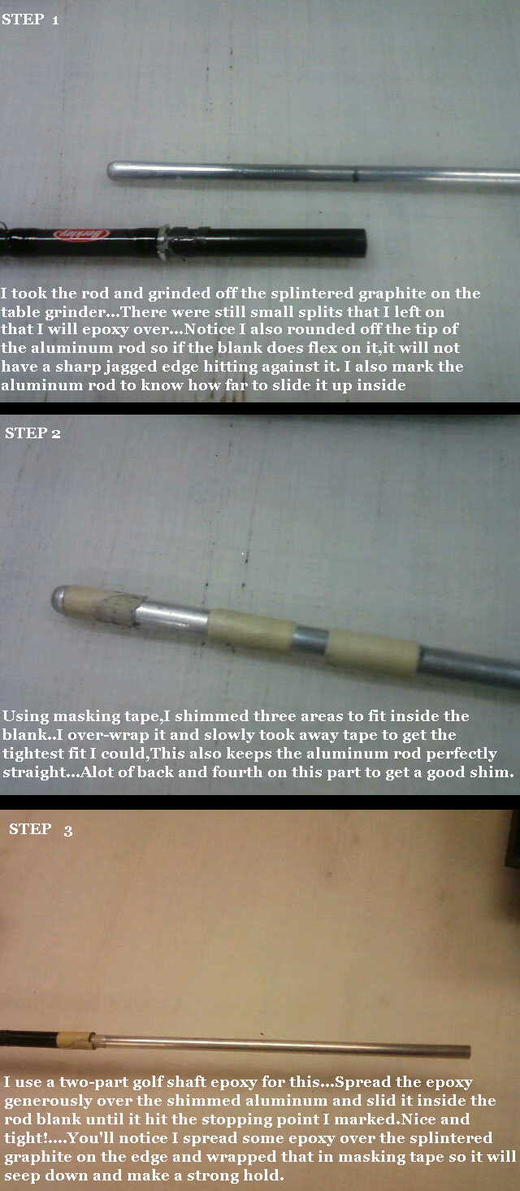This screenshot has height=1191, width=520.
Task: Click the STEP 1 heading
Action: pos(30,20)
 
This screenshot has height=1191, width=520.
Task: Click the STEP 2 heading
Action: pos(33,433)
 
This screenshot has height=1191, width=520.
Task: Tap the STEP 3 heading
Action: pos(41,829)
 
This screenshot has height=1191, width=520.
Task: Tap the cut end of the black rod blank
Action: pos(362,242)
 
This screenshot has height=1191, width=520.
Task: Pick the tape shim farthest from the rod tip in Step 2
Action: pos(374,653)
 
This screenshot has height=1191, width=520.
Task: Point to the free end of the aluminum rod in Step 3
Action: pos(467,1052)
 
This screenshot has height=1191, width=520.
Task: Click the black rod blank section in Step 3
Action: pos(28,1038)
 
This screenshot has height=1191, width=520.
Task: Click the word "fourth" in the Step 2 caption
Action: pos(237,772)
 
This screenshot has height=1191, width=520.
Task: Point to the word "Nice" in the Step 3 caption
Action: pos(418,1119)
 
